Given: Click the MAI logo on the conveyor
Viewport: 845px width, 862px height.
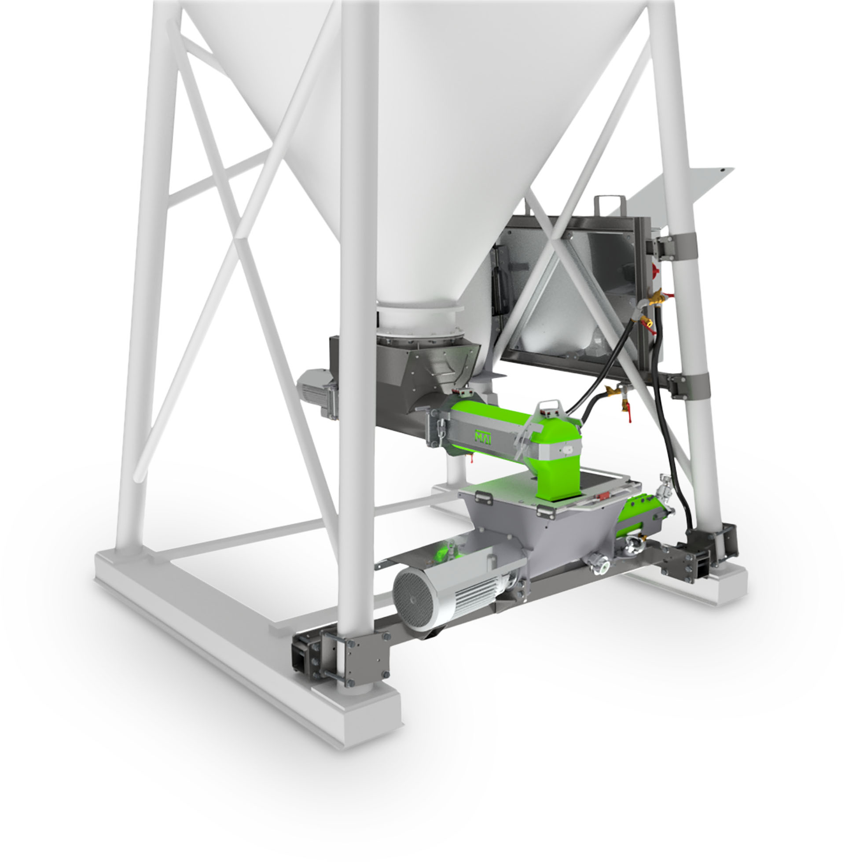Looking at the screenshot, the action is pos(483,437).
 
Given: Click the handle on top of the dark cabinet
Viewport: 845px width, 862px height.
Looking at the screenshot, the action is pos(610,206).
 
